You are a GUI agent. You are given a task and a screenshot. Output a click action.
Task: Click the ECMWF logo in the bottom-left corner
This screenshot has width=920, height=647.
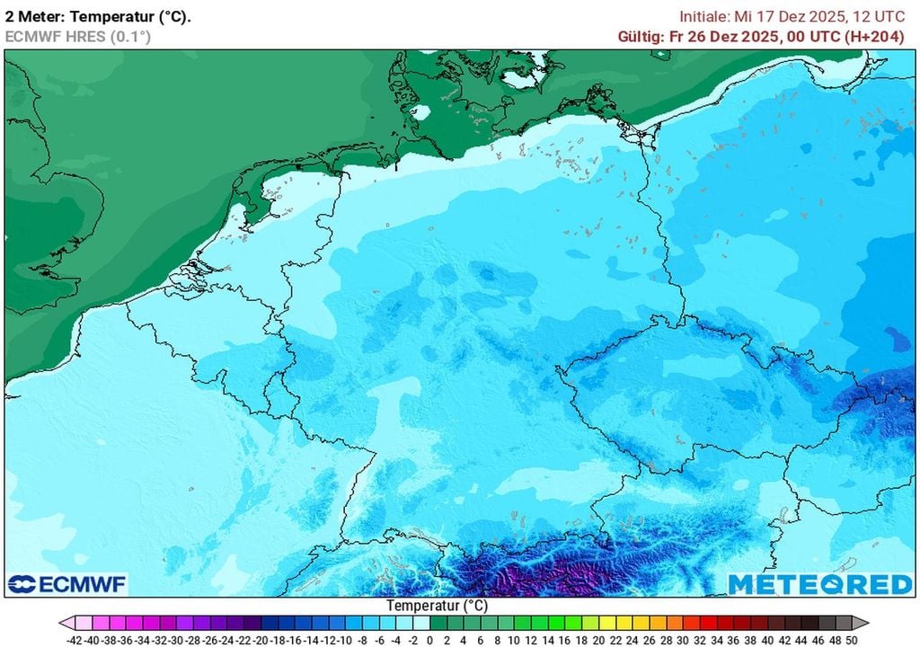(x=67, y=584)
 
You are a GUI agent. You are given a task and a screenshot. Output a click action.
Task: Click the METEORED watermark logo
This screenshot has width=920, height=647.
(x=819, y=584)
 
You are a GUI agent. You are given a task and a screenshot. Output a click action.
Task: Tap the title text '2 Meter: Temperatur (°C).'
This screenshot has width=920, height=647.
(x=98, y=16)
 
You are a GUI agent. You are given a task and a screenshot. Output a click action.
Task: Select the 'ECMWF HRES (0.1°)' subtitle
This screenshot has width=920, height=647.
(x=77, y=36)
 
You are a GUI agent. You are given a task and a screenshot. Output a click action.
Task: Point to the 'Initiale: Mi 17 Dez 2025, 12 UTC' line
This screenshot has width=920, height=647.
(x=792, y=16)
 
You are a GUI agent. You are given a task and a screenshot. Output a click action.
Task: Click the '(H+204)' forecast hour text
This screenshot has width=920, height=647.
(x=875, y=36)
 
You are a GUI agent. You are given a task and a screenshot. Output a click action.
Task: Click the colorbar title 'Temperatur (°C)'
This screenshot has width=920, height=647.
(x=437, y=606)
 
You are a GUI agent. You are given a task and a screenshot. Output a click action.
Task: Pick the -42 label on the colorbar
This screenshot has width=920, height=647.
(x=76, y=640)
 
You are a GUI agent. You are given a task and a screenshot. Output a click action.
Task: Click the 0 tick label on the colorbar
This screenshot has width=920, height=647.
(x=430, y=640)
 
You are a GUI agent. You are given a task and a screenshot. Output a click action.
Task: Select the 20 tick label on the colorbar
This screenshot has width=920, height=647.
(x=598, y=640)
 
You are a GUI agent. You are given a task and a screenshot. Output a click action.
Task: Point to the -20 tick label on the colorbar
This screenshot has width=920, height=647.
(x=261, y=640)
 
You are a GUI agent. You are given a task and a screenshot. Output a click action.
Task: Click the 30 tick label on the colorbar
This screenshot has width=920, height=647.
(x=683, y=640)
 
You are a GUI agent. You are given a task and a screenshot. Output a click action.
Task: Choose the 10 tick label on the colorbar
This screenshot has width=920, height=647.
(x=515, y=640)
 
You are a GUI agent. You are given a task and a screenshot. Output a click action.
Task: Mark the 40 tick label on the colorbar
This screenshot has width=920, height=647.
(x=767, y=640)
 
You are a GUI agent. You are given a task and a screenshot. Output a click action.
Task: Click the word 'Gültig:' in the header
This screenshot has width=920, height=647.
(x=640, y=36)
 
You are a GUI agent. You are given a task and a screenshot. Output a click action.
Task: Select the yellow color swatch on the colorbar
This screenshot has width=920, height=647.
(x=607, y=623)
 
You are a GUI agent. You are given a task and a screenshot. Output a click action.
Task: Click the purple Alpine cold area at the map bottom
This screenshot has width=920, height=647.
(x=557, y=575)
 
